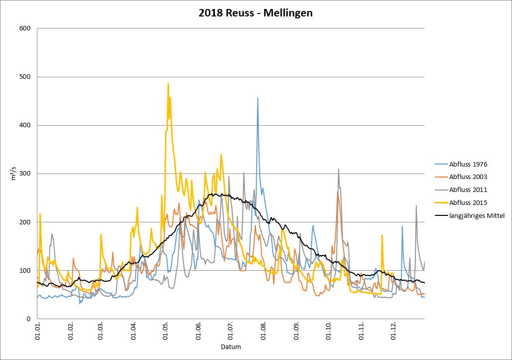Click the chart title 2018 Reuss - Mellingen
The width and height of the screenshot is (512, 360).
tap(256, 13)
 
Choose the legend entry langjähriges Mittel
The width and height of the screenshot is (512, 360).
tap(477, 215)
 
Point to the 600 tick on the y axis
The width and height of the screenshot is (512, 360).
tap(24, 28)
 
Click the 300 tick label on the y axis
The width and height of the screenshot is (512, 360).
tap(24, 174)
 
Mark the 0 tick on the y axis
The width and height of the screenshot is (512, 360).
tap(29, 319)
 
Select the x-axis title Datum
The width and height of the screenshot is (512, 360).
tap(231, 347)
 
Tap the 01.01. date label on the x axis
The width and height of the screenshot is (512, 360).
tap(37, 331)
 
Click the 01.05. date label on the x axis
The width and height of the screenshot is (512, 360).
tap(166, 331)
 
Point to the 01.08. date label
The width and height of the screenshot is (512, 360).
tap(264, 331)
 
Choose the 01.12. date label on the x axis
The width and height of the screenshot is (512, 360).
tap(394, 331)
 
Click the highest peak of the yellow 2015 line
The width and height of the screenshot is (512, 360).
tap(168, 84)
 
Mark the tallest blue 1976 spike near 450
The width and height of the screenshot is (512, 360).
tap(258, 98)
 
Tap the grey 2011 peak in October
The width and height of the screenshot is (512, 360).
tap(339, 170)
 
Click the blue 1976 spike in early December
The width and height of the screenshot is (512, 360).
tap(402, 226)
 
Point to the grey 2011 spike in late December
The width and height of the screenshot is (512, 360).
tap(416, 205)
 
